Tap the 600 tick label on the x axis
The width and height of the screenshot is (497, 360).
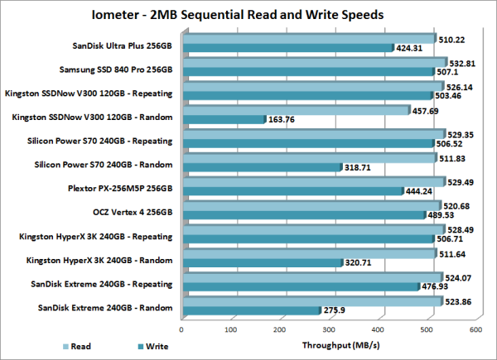click(475, 329)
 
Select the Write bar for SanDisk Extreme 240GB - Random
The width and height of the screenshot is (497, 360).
click(250, 310)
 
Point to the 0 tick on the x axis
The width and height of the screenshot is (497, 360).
click(182, 329)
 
